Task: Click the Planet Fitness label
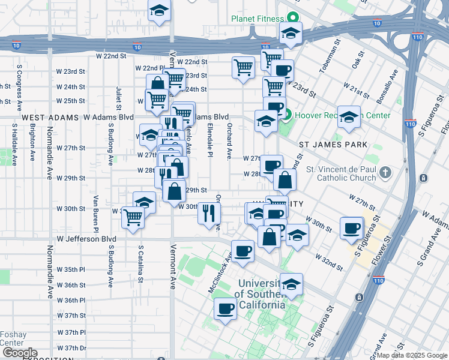pyautogui.click(x=258, y=18)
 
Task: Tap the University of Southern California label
pyautogui.click(x=259, y=293)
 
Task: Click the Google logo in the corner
pyautogui.click(x=19, y=353)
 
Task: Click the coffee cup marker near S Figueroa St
pyautogui.click(x=351, y=228)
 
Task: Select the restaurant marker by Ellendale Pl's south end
pyautogui.click(x=209, y=213)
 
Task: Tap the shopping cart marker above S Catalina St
pyautogui.click(x=133, y=217)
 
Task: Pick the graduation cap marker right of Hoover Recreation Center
pyautogui.click(x=348, y=118)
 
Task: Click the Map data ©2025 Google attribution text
pyautogui.click(x=412, y=355)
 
